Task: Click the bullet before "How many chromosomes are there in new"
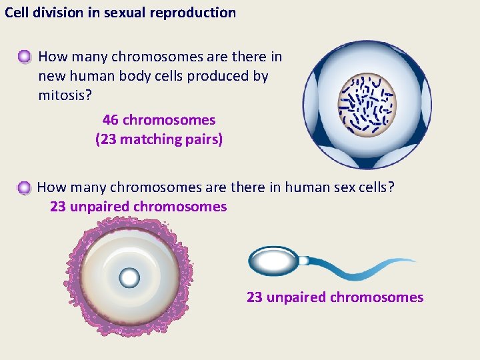(24, 57)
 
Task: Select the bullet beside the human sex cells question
(24, 188)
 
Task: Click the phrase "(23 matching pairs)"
(159, 139)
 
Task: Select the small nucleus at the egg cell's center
(129, 276)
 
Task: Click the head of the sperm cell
(273, 260)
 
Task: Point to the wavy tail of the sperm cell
(360, 267)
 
